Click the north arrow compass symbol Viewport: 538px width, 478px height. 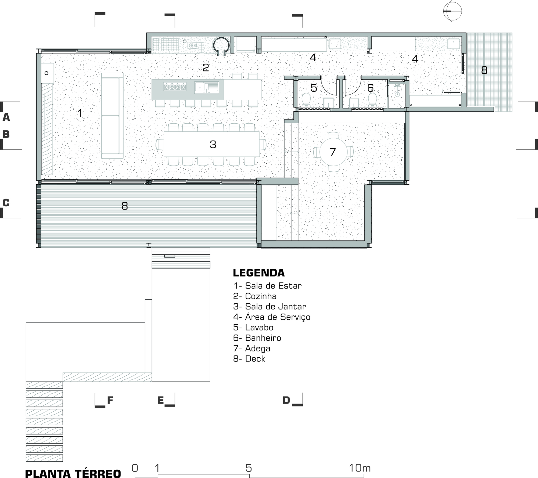[452, 11]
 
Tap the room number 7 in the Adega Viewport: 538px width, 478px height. [333, 152]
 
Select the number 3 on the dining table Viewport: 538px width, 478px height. [213, 145]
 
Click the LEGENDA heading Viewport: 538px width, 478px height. [259, 273]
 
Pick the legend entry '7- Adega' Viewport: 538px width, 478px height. [252, 348]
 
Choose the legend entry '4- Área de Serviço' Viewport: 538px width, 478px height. [272, 317]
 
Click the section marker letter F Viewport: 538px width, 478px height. [110, 400]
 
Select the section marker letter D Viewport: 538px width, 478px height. [286, 400]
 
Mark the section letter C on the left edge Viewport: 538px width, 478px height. [6, 203]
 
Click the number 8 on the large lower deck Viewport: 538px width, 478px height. [125, 206]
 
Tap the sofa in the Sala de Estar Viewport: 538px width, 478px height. [112, 116]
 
